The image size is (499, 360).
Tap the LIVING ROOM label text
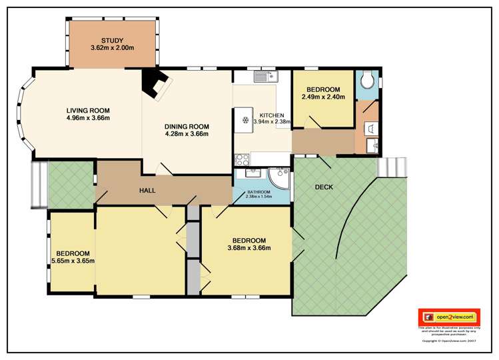pos(88,111)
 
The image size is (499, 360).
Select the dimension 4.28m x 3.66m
pos(187,134)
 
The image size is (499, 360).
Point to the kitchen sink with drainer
pos(264,77)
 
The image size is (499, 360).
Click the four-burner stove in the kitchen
pos(242,159)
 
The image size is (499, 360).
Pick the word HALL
pos(147,191)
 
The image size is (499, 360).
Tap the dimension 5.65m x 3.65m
pos(73,261)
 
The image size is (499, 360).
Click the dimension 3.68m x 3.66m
pos(249,248)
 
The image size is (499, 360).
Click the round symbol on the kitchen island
pos(245,119)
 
